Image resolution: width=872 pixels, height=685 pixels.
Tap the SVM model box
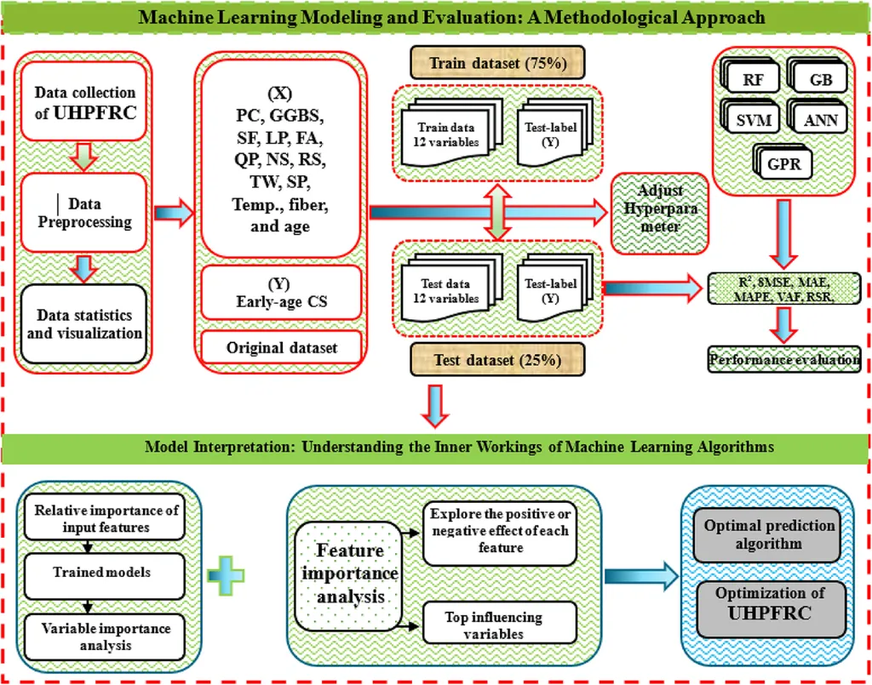tap(754, 119)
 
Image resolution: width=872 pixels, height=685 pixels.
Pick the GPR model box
tap(784, 162)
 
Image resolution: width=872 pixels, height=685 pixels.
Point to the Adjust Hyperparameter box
tap(661, 208)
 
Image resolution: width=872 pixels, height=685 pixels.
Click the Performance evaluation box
tap(784, 359)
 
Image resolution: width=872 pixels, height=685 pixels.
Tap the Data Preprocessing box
tap(84, 213)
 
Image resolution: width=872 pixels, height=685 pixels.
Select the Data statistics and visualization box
tap(84, 324)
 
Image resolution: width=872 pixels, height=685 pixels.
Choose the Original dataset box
tap(281, 348)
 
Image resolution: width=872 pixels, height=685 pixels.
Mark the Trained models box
tap(101, 573)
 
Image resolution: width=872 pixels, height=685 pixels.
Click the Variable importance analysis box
tap(101, 636)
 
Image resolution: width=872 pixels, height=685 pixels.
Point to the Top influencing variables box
tap(493, 625)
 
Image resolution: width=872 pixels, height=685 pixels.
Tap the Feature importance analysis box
tap(350, 574)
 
